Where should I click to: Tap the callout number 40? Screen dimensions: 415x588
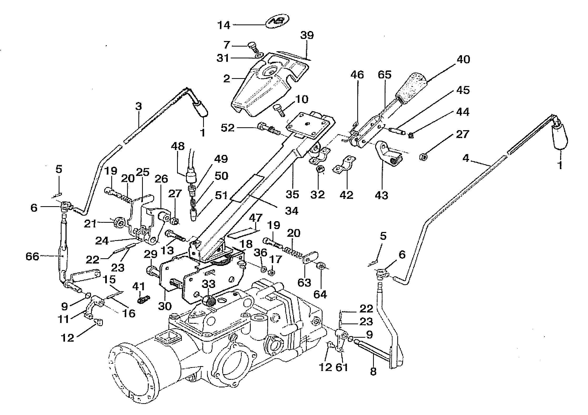[x=463, y=59]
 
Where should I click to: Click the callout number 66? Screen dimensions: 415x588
[x=32, y=256]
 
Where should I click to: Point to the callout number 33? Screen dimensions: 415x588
[x=208, y=284]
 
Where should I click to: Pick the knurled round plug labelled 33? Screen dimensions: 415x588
[x=209, y=300]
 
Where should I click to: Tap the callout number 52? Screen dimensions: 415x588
[x=228, y=128]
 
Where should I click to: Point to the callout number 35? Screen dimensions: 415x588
[x=292, y=194]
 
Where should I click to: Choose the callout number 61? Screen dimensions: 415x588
[x=342, y=367]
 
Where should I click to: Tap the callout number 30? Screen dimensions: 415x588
[x=165, y=306]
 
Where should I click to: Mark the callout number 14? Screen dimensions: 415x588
[x=224, y=26]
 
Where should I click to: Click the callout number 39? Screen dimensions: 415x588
[x=307, y=35]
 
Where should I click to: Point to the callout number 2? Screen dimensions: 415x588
[x=227, y=79]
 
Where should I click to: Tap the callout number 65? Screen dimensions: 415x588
[x=384, y=75]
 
